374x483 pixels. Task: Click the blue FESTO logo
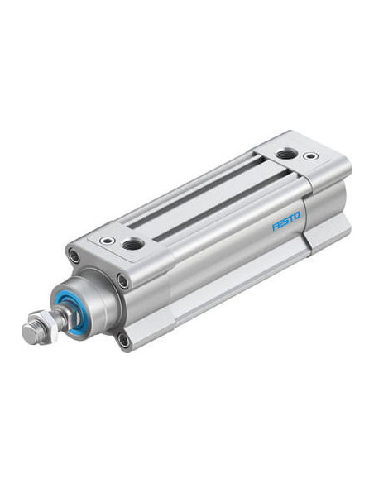[285, 221]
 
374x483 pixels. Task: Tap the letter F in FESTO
[275, 227]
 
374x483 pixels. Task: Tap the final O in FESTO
[296, 216]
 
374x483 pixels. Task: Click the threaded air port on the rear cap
[285, 153]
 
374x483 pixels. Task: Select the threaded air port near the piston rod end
[132, 244]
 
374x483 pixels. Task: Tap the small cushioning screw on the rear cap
[310, 155]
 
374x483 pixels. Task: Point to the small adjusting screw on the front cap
[108, 240]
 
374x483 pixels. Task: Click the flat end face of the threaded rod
[30, 335]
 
